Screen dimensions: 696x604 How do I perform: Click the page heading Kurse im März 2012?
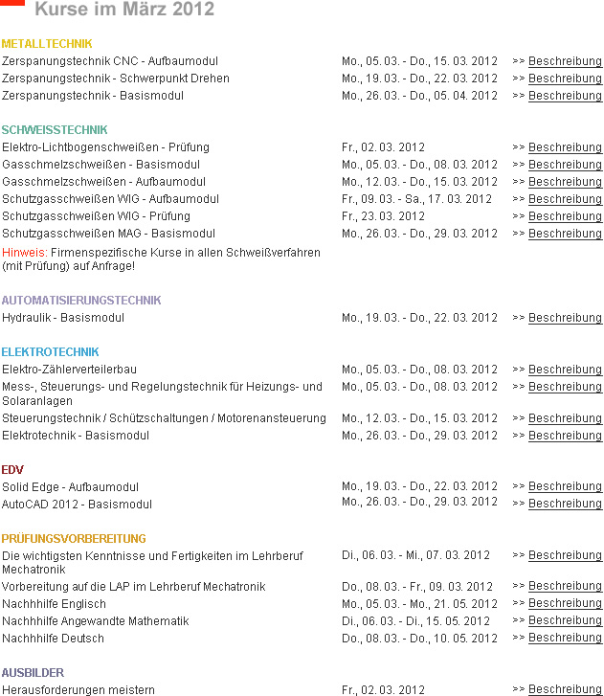point(124,10)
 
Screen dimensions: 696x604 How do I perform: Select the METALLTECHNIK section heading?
point(47,44)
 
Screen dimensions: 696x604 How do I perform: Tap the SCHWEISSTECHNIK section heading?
point(55,130)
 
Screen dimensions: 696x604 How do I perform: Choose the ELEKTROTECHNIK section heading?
point(50,352)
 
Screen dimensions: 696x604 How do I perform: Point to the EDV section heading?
point(12,470)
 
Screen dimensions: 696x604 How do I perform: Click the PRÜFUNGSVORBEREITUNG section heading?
point(74,539)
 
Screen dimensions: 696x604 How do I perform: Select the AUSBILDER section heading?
point(33,673)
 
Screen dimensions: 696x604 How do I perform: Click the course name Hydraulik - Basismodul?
point(63,318)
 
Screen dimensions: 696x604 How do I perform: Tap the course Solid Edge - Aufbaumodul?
point(70,487)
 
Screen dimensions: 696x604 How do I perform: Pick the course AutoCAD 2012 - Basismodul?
point(77,505)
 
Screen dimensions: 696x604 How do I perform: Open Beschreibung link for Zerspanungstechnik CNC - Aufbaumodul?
point(565,61)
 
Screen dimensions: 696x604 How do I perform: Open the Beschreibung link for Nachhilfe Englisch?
point(565,604)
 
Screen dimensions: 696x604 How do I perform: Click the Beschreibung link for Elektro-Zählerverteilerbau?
point(565,370)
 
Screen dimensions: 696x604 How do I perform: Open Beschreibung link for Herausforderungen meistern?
point(565,690)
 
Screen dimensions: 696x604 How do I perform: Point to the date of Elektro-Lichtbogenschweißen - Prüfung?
point(383,147)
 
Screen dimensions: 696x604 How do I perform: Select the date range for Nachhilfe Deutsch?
point(419,639)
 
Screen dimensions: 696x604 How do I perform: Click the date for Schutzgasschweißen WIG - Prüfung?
point(383,216)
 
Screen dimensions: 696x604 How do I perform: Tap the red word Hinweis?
point(20,251)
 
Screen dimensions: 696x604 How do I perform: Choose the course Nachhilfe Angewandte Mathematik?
point(96,621)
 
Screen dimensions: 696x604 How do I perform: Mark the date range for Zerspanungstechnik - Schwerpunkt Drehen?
point(419,79)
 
